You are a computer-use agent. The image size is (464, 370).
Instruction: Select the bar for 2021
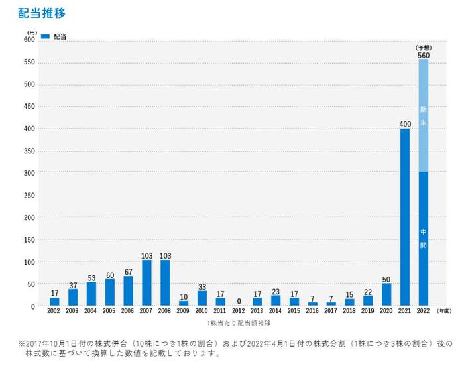click(405, 217)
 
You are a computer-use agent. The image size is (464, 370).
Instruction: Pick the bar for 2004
click(91, 294)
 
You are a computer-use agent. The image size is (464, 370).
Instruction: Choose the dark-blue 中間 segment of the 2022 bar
click(424, 239)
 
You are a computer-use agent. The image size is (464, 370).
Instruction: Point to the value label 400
click(405, 124)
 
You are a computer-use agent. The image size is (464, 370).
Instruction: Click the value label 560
click(424, 55)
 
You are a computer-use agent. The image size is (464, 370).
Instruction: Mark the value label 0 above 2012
click(239, 302)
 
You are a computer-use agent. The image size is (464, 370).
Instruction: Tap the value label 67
click(128, 271)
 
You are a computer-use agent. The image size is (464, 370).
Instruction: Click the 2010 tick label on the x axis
click(202, 310)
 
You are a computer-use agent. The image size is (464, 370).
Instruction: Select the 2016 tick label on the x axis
click(312, 310)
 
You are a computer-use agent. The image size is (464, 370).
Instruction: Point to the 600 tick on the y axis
click(30, 40)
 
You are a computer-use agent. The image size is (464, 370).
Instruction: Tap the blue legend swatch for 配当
click(46, 36)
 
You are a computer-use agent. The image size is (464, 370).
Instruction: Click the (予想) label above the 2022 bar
click(424, 48)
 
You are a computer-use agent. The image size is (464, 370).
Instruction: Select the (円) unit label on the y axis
click(31, 32)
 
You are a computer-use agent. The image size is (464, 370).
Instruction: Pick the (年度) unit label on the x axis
click(444, 310)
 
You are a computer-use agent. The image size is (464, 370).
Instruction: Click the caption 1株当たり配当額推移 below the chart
click(238, 322)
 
